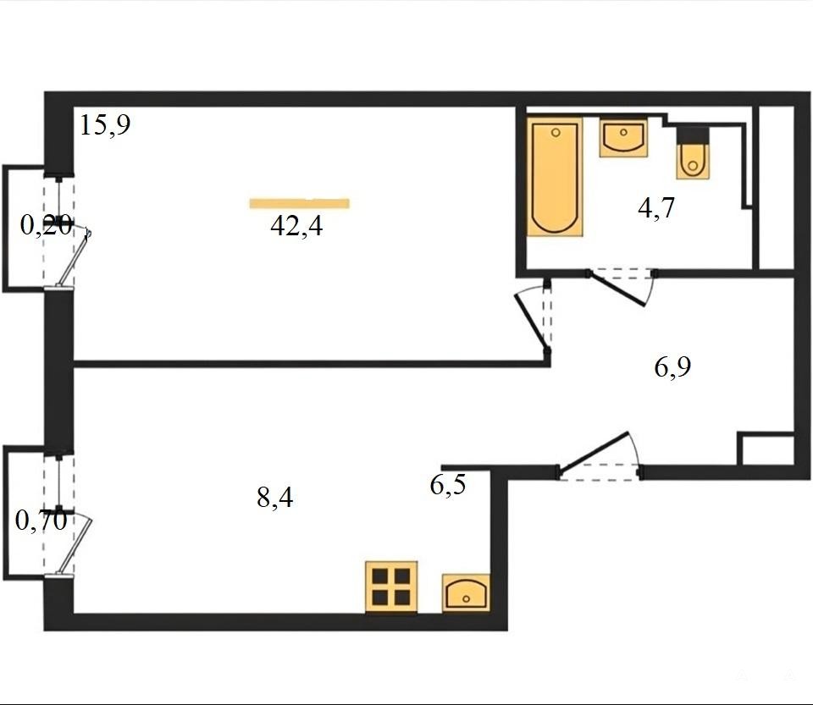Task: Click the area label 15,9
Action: click(105, 125)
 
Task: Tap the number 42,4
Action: click(296, 226)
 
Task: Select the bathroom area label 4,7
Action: click(655, 208)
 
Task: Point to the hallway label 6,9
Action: click(672, 366)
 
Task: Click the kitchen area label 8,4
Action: click(274, 498)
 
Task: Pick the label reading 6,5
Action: click(448, 485)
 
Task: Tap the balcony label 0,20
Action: click(46, 225)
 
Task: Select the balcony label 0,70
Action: click(41, 520)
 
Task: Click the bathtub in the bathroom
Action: click(555, 177)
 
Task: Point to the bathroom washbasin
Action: click(624, 137)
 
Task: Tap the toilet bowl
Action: click(693, 161)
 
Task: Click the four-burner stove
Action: click(391, 587)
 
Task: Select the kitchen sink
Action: click(466, 592)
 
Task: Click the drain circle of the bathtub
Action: click(556, 133)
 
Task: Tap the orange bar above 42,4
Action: click(299, 204)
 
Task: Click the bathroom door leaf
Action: click(617, 289)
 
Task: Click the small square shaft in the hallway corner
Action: click(766, 448)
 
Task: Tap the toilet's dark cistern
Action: click(693, 135)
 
